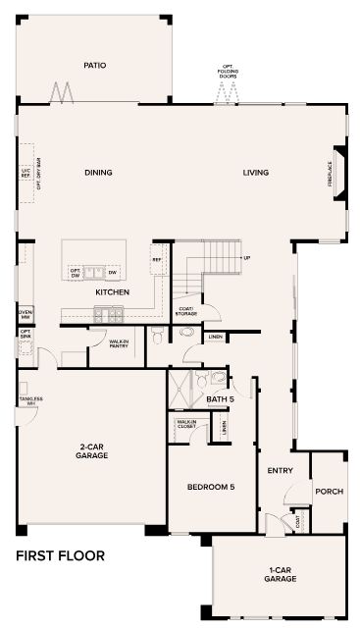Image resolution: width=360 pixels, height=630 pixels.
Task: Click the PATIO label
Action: (x=94, y=66)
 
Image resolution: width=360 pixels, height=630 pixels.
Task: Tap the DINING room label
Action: (x=98, y=173)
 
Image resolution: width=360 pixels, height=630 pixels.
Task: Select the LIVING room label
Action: (x=256, y=173)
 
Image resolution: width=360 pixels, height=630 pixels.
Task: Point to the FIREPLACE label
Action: (x=331, y=175)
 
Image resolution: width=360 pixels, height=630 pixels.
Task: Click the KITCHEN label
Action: (x=113, y=292)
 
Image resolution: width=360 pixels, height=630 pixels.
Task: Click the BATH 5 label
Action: (x=220, y=400)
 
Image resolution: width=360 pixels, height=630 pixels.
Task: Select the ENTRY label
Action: (x=281, y=471)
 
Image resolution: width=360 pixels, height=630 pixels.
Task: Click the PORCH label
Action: (x=329, y=491)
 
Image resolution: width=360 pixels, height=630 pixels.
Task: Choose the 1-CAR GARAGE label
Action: (x=280, y=575)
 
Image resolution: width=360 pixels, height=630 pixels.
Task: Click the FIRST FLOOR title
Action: (x=60, y=556)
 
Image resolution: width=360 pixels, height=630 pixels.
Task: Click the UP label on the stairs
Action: (x=246, y=258)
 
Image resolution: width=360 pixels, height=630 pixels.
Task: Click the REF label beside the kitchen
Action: (x=156, y=260)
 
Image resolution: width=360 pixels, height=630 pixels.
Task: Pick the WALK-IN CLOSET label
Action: (x=186, y=424)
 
